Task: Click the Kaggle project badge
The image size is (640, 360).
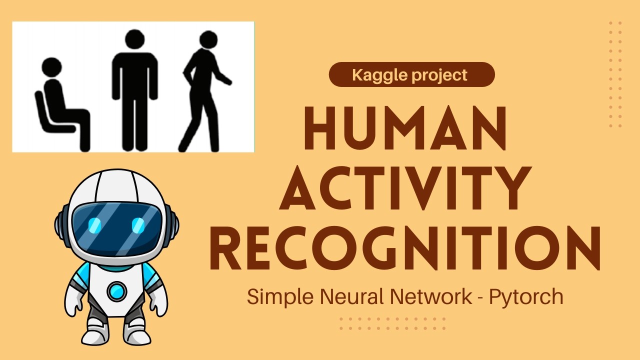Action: tap(411, 75)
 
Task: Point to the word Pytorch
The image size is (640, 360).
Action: tap(526, 297)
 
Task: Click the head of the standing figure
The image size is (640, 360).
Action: tap(134, 39)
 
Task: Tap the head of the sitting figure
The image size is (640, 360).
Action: tap(51, 67)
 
